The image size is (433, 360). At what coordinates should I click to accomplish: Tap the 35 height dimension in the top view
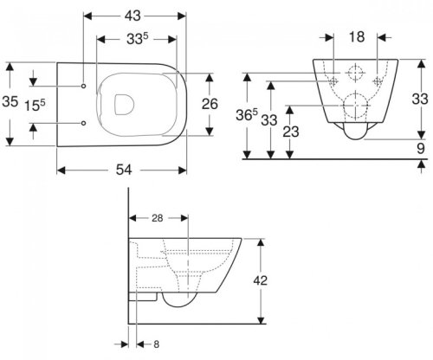(10, 101)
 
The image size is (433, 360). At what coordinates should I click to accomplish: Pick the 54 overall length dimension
(123, 170)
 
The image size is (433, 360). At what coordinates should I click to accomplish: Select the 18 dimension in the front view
(355, 37)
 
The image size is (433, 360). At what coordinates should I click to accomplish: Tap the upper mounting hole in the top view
(83, 87)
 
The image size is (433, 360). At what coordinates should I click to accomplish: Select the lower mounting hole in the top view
(83, 124)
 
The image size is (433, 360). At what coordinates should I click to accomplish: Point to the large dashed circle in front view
(354, 109)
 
